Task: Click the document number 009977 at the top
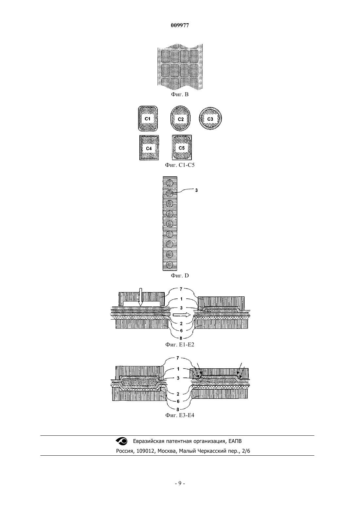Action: [180, 26]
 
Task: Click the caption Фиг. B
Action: [180, 95]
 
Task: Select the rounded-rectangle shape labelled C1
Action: [148, 118]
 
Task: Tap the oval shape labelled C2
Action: [180, 118]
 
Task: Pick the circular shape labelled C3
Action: [210, 118]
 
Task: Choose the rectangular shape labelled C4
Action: [149, 148]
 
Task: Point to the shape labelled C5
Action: [182, 148]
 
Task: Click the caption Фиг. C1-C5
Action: [180, 165]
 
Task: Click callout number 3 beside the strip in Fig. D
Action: [196, 190]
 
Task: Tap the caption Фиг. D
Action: [180, 276]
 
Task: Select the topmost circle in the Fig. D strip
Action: [170, 183]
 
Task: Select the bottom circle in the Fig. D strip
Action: [170, 265]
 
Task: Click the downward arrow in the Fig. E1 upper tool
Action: [141, 297]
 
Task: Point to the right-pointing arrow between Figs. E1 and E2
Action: [182, 315]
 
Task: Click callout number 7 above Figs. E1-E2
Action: [181, 289]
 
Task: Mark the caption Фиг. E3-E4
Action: [180, 415]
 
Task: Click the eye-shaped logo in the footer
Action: [122, 441]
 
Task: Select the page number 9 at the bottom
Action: [180, 483]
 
